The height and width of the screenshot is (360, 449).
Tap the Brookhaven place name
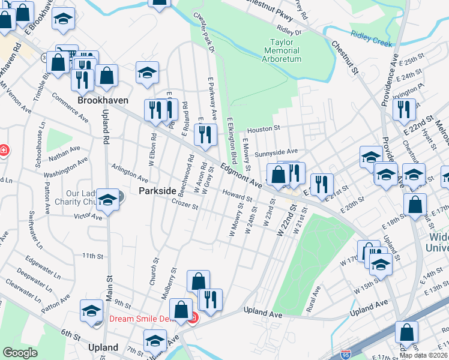[x=98, y=100]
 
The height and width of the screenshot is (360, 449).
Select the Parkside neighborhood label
[x=157, y=190]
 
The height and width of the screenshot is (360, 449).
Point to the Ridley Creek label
[x=372, y=39]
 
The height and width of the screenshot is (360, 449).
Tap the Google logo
[x=20, y=353]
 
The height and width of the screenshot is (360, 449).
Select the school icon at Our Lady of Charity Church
[x=107, y=200]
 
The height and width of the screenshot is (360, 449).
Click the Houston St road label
[x=264, y=128]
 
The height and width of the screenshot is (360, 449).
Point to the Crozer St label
[x=185, y=205]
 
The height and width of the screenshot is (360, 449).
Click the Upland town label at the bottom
[x=103, y=347]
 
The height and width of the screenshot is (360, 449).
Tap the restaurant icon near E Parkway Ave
[x=206, y=134]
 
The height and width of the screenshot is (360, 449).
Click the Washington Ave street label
[x=65, y=169]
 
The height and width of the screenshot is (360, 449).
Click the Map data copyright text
[x=423, y=355]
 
